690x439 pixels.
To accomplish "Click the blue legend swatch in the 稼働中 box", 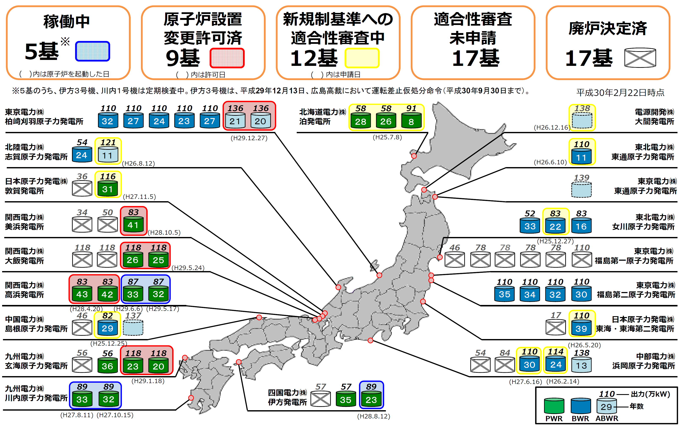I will [x=92, y=51].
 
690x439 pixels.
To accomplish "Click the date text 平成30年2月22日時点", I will [x=620, y=93].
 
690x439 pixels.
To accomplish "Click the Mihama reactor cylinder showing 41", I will [x=133, y=224].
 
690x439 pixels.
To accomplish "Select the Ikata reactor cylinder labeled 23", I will [x=371, y=399].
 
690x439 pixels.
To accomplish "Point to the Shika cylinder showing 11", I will [x=108, y=155].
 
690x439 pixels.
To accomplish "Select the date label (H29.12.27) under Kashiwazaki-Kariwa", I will [x=249, y=138].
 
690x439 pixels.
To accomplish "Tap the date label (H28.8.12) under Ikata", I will [x=374, y=416].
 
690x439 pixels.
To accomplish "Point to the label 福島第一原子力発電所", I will [x=634, y=261].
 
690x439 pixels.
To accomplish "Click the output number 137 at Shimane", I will [x=133, y=316].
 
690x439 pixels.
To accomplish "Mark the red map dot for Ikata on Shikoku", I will [x=239, y=362].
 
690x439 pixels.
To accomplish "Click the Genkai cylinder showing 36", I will [x=107, y=366].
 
